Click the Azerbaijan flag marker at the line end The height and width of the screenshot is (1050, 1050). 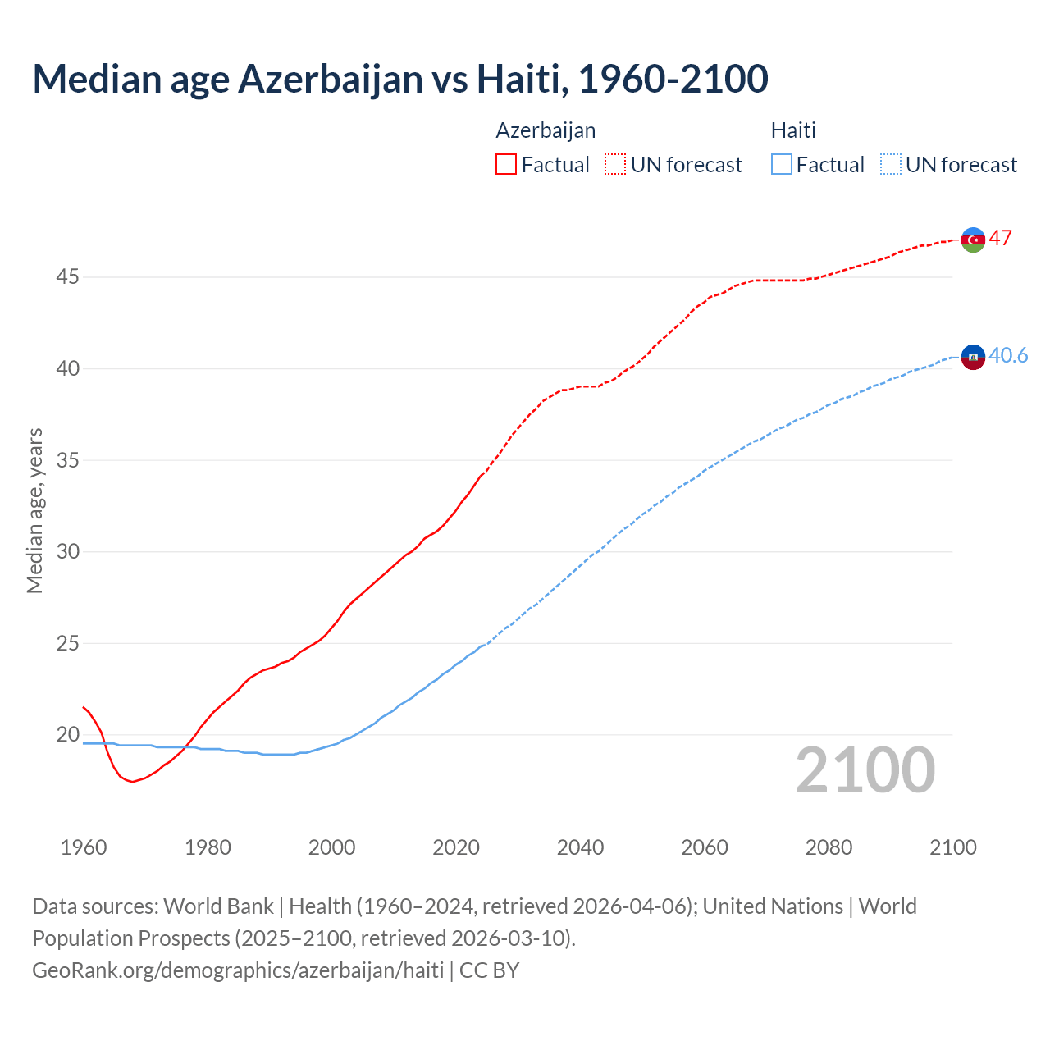pos(973,240)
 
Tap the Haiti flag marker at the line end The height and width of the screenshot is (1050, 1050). pos(973,357)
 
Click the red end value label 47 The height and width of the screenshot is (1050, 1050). pos(1000,238)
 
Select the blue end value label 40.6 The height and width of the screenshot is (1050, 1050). pos(1008,355)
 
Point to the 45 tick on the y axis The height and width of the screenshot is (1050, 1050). pos(67,277)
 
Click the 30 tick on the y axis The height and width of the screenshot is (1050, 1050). pos(67,551)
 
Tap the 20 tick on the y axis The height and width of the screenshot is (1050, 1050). pos(67,734)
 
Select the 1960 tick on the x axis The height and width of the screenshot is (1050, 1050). pos(84,847)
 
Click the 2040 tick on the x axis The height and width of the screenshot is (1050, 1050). pos(580,847)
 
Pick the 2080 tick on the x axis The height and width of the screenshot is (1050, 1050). pos(829,847)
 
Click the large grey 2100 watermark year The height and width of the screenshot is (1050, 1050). pos(865,769)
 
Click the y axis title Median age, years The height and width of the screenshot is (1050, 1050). pos(34,510)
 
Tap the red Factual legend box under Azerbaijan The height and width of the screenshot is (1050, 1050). pos(506,164)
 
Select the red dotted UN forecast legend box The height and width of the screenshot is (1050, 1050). pos(615,164)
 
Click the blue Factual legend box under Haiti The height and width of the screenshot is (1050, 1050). pos(782,164)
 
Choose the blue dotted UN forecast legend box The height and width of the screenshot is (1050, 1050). pos(891,164)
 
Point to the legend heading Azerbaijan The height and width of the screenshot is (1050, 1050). pos(546,130)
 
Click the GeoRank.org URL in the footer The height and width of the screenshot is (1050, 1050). pos(238,970)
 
